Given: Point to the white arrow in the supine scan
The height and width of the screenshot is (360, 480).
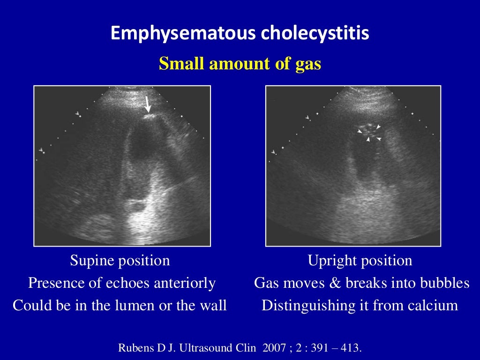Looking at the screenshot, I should click(148, 105).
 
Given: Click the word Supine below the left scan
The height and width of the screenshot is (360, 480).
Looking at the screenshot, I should click(90, 261).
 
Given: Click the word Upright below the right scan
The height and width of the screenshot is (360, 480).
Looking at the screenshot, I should click(330, 261).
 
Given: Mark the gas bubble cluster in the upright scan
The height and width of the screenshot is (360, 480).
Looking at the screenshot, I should click(369, 132).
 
